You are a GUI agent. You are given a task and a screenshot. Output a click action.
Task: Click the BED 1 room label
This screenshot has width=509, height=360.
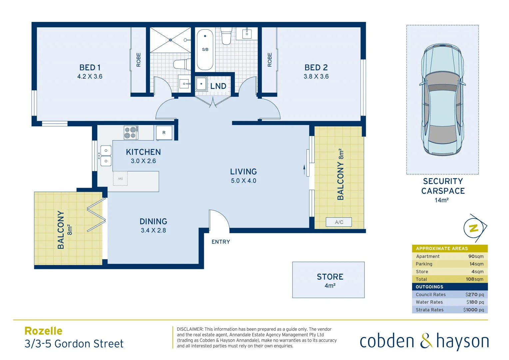(90, 68)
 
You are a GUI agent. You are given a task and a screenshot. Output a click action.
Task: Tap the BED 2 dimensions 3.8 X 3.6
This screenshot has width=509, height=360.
(316, 77)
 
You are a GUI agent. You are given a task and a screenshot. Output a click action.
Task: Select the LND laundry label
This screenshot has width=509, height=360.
(218, 86)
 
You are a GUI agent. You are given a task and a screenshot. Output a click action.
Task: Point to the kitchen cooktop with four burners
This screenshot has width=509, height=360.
(131, 132)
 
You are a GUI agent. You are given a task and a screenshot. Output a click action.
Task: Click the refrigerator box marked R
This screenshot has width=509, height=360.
(164, 133)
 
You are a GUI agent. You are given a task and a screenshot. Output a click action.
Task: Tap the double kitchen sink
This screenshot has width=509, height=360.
(106, 156)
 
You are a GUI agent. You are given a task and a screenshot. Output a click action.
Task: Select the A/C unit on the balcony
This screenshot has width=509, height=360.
(339, 222)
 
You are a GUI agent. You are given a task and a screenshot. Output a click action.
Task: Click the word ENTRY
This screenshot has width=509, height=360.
(221, 242)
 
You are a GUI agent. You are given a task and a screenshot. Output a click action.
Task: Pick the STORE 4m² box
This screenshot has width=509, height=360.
(328, 280)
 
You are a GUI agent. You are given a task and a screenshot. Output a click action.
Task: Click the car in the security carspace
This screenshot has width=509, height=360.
(442, 100)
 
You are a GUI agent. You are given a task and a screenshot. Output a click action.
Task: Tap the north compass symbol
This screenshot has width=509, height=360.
(474, 228)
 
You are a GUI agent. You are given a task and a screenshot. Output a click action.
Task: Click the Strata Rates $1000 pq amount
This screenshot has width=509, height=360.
(473, 310)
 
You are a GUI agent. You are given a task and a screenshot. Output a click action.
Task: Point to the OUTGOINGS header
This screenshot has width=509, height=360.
(429, 287)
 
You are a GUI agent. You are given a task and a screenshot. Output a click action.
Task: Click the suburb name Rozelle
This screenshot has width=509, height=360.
(43, 331)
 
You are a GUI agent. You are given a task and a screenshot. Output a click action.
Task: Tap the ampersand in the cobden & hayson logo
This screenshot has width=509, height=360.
(425, 341)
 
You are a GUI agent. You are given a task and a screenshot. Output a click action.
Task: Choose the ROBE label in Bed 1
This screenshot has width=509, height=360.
(139, 60)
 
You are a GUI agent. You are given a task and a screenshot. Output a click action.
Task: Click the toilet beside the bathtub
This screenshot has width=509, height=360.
(227, 36)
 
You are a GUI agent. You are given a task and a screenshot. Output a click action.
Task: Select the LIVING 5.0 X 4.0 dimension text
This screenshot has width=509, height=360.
(244, 181)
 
